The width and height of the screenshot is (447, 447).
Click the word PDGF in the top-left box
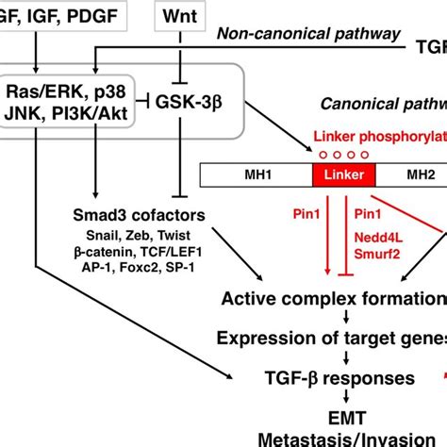(x=97, y=16)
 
